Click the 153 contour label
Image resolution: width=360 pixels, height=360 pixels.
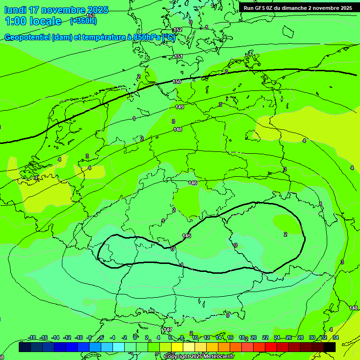pos(91,16)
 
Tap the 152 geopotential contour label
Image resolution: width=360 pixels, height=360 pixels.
pos(177,30)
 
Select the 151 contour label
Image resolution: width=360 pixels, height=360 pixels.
pos(179,57)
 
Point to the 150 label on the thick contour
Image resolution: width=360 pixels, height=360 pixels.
pos(177,82)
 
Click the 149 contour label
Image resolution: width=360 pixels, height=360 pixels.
pos(180,107)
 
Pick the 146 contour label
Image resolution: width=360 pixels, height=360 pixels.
pos(193,183)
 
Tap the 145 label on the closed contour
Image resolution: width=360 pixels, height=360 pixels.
pos(187,236)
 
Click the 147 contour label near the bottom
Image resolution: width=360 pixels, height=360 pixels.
pos(168,330)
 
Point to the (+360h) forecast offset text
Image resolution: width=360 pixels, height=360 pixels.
pos(83,21)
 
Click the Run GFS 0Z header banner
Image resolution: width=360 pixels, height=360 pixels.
pos(298,8)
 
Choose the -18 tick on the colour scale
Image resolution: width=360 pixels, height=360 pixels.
pos(32,337)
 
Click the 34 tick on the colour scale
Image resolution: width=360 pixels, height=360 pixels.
pos(336,337)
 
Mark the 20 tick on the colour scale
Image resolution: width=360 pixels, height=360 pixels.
pos(254,337)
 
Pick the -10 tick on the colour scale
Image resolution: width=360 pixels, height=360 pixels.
pos(79,337)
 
